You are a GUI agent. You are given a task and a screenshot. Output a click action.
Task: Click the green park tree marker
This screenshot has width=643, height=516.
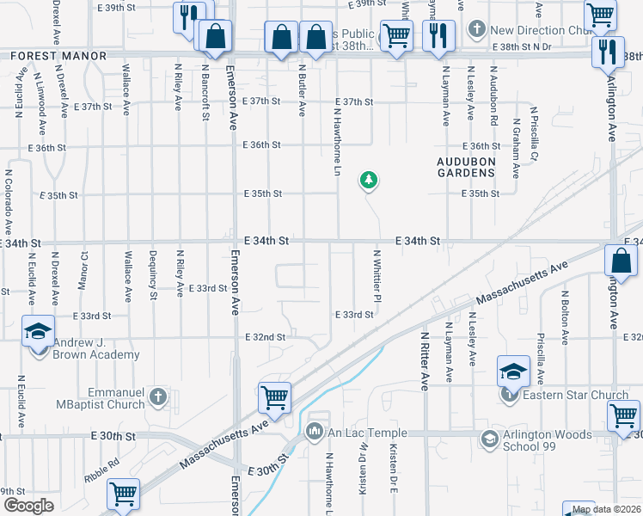[369, 180]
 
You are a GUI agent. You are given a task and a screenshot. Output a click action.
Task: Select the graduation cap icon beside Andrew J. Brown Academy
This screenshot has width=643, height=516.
[39, 332]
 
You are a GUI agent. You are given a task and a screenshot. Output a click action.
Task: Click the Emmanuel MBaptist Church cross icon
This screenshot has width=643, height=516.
[156, 396]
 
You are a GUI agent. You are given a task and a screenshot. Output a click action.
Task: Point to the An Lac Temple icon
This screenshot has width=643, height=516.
[315, 429]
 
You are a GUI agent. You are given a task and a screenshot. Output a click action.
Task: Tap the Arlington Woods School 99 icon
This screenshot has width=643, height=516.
[489, 439]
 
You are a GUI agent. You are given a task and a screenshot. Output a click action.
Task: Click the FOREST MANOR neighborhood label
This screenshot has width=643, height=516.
[58, 56]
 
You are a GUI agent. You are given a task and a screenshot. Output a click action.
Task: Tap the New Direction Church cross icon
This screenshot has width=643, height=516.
[477, 30]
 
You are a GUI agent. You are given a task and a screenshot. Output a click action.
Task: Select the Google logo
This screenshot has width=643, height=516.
[28, 506]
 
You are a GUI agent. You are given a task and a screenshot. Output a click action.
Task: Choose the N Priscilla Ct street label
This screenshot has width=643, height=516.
[535, 133]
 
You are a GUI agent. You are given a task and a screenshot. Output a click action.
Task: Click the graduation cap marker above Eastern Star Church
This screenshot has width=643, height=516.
[512, 371]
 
